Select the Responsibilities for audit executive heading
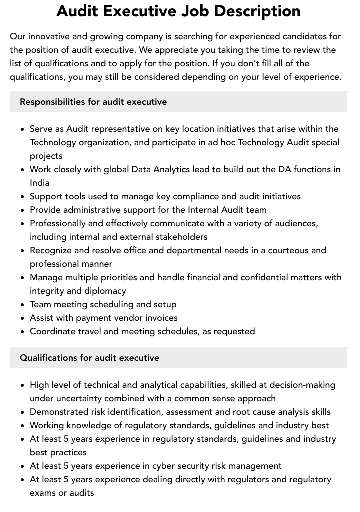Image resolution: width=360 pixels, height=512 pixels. [x=93, y=102]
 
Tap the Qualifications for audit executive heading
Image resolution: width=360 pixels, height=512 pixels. [x=89, y=358]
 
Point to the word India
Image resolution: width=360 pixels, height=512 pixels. [x=40, y=183]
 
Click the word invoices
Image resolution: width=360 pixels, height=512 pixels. [x=161, y=318]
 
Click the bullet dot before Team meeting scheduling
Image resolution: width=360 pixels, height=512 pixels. [x=23, y=305]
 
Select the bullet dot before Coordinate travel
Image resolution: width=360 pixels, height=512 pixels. [x=23, y=332]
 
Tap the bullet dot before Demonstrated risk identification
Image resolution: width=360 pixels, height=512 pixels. [x=23, y=412]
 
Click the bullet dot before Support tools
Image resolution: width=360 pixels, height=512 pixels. [x=23, y=197]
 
